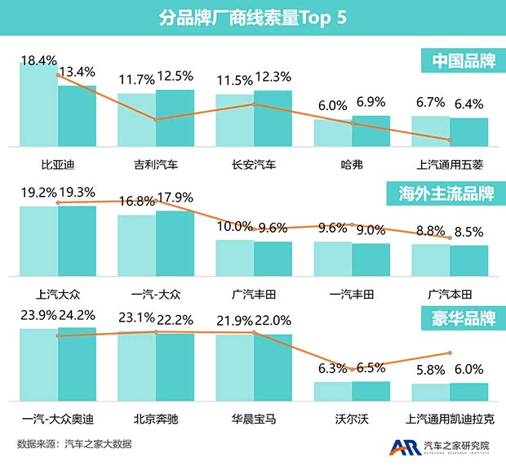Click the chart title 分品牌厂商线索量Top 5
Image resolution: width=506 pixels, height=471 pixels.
click(x=253, y=19)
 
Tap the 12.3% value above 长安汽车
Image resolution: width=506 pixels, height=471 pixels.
click(x=273, y=77)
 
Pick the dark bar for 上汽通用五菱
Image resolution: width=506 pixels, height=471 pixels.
click(x=469, y=132)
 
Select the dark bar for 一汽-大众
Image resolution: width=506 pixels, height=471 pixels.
click(x=175, y=243)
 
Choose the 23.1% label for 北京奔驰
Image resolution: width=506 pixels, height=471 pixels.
click(x=136, y=318)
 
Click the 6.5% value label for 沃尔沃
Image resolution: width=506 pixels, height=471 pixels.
click(x=371, y=368)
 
